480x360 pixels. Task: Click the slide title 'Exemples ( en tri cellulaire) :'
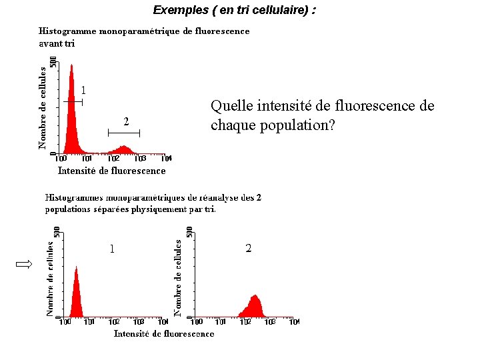click(x=234, y=10)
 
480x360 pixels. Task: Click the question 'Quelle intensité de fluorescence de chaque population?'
click(x=322, y=115)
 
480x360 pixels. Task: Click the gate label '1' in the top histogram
click(x=83, y=90)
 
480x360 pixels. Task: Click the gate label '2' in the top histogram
click(x=126, y=121)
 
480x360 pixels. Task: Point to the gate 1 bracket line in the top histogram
click(x=74, y=101)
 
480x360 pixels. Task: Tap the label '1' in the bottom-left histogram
click(x=112, y=249)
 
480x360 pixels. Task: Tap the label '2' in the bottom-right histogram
click(x=249, y=249)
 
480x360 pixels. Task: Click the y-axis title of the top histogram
click(x=42, y=107)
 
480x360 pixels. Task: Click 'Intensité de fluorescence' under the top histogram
click(x=111, y=171)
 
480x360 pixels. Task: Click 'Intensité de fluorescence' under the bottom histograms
click(x=164, y=333)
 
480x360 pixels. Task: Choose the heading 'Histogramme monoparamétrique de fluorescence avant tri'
click(x=144, y=37)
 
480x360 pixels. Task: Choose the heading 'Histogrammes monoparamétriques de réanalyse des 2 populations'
click(x=153, y=203)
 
